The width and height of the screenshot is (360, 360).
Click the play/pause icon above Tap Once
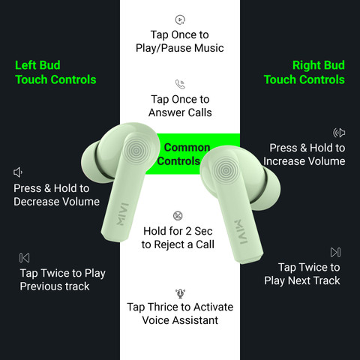tap(180, 19)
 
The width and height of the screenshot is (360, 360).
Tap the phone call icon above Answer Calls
tap(180, 84)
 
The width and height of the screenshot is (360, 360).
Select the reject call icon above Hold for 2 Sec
tap(178, 216)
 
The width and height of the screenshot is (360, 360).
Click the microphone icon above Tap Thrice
tap(180, 293)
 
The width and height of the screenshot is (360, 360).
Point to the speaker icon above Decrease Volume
tap(18, 172)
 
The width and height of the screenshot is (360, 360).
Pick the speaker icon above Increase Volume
tap(339, 133)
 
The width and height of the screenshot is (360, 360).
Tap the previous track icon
tap(24, 258)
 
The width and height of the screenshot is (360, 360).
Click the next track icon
tap(335, 252)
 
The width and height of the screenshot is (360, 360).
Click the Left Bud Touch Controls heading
tap(55, 73)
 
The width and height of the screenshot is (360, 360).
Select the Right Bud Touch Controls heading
tap(304, 73)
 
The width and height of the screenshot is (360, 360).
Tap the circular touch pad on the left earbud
tap(136, 150)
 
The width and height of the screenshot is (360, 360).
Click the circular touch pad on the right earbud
tap(226, 170)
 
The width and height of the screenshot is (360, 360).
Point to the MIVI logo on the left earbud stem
tap(123, 214)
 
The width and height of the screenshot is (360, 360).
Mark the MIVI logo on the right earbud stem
tap(241, 232)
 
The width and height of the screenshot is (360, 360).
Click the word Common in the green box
tap(187, 148)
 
